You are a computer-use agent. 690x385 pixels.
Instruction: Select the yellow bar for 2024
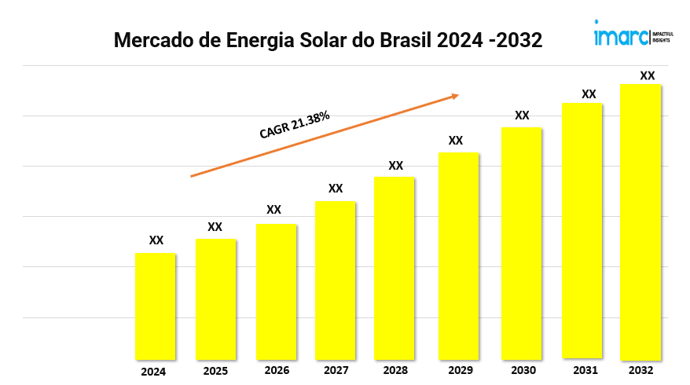pos(156,306)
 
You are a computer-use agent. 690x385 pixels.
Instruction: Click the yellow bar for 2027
pos(336,280)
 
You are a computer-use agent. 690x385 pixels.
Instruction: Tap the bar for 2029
pos(458,255)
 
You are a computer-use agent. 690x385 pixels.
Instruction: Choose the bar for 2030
pos(522,243)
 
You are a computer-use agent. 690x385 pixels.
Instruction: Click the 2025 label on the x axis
pos(215,371)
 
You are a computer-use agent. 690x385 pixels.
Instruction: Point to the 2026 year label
pos(277,370)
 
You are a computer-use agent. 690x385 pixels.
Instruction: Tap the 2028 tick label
pos(395,370)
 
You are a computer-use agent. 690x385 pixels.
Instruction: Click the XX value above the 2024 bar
pos(156,240)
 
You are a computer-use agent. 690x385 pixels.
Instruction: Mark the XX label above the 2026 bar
pos(273,210)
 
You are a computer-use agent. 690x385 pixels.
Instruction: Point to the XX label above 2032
pos(648,75)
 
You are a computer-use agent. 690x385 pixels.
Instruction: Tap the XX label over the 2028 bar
pos(396,166)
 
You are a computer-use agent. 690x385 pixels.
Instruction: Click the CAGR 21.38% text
pos(295,125)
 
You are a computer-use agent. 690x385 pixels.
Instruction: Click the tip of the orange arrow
pos(458,96)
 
